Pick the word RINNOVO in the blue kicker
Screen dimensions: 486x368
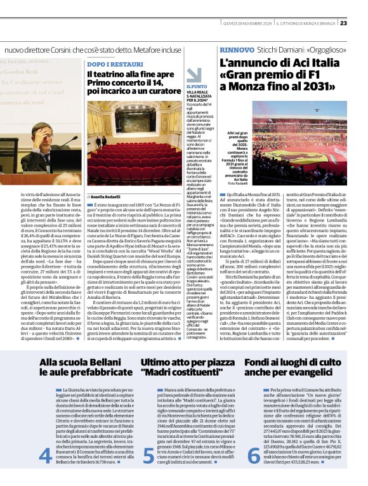(x=237, y=49)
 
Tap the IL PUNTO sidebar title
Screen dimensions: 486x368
(x=196, y=86)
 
